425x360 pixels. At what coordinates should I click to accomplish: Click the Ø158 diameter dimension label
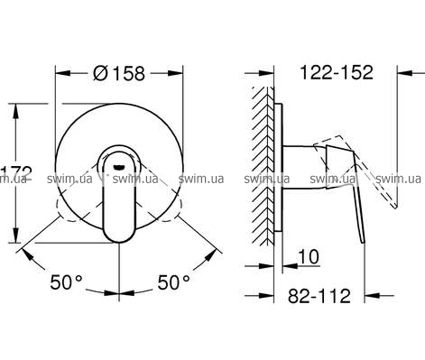[x=119, y=73]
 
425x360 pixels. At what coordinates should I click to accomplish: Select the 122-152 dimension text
[x=337, y=72]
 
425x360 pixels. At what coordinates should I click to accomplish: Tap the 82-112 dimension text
[x=319, y=296]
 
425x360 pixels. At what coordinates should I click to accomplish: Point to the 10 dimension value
[x=309, y=257]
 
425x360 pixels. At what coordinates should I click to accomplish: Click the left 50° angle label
[x=66, y=282]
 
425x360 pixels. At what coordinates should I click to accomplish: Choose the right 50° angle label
[x=174, y=282]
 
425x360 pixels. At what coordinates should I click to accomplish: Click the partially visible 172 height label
[x=15, y=173]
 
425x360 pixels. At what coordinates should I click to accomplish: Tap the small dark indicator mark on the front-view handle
[x=119, y=167]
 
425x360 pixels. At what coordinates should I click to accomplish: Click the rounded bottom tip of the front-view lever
[x=119, y=241]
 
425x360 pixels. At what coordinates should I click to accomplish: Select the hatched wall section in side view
[x=263, y=166]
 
